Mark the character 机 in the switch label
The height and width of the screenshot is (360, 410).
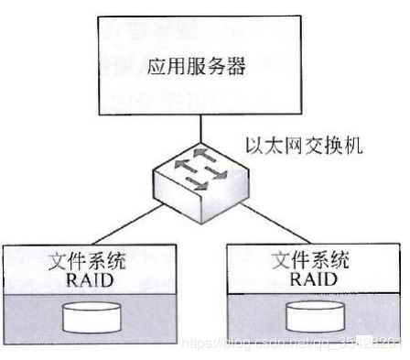(341, 145)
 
